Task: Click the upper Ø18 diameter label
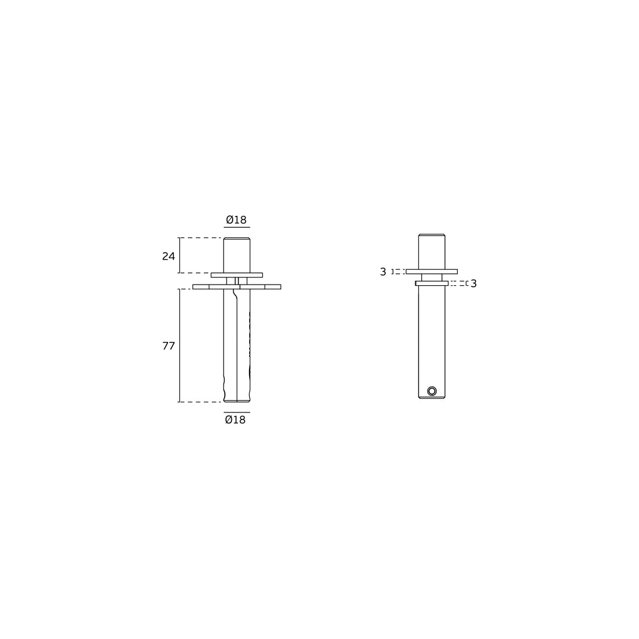click(236, 220)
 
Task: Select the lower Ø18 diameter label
click(235, 419)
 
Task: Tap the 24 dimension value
click(168, 256)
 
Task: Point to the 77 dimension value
click(168, 346)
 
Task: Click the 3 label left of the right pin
click(383, 272)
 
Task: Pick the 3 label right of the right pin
click(473, 283)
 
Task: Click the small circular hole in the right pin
click(432, 391)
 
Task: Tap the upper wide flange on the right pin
click(431, 272)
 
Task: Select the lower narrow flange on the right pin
click(431, 283)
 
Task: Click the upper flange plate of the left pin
click(237, 275)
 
